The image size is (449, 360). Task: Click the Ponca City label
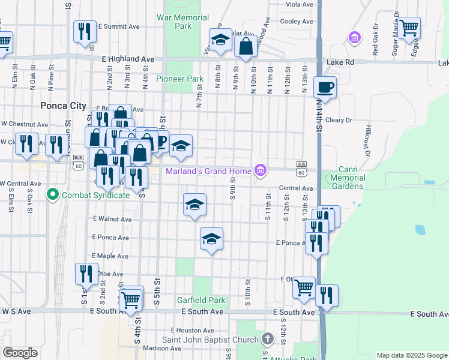pyautogui.click(x=64, y=106)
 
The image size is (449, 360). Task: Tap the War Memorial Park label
pyautogui.click(x=182, y=22)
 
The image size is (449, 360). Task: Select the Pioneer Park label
pyautogui.click(x=180, y=79)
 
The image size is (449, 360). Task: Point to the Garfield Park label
pyautogui.click(x=200, y=300)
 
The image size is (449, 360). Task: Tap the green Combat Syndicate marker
pyautogui.click(x=52, y=195)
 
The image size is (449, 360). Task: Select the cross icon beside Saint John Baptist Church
pyautogui.click(x=268, y=339)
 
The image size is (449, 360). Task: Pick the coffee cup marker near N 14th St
pyautogui.click(x=325, y=87)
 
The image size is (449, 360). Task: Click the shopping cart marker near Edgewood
pyautogui.click(x=408, y=28)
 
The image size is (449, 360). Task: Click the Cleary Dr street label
pyautogui.click(x=339, y=120)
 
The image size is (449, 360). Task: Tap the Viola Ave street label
pyautogui.click(x=300, y=4)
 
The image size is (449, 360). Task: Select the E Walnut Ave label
pyautogui.click(x=112, y=220)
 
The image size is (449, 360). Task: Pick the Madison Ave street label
pyautogui.click(x=162, y=348)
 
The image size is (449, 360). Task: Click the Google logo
pyautogui.click(x=20, y=353)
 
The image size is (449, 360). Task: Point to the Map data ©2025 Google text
pyautogui.click(x=411, y=355)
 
